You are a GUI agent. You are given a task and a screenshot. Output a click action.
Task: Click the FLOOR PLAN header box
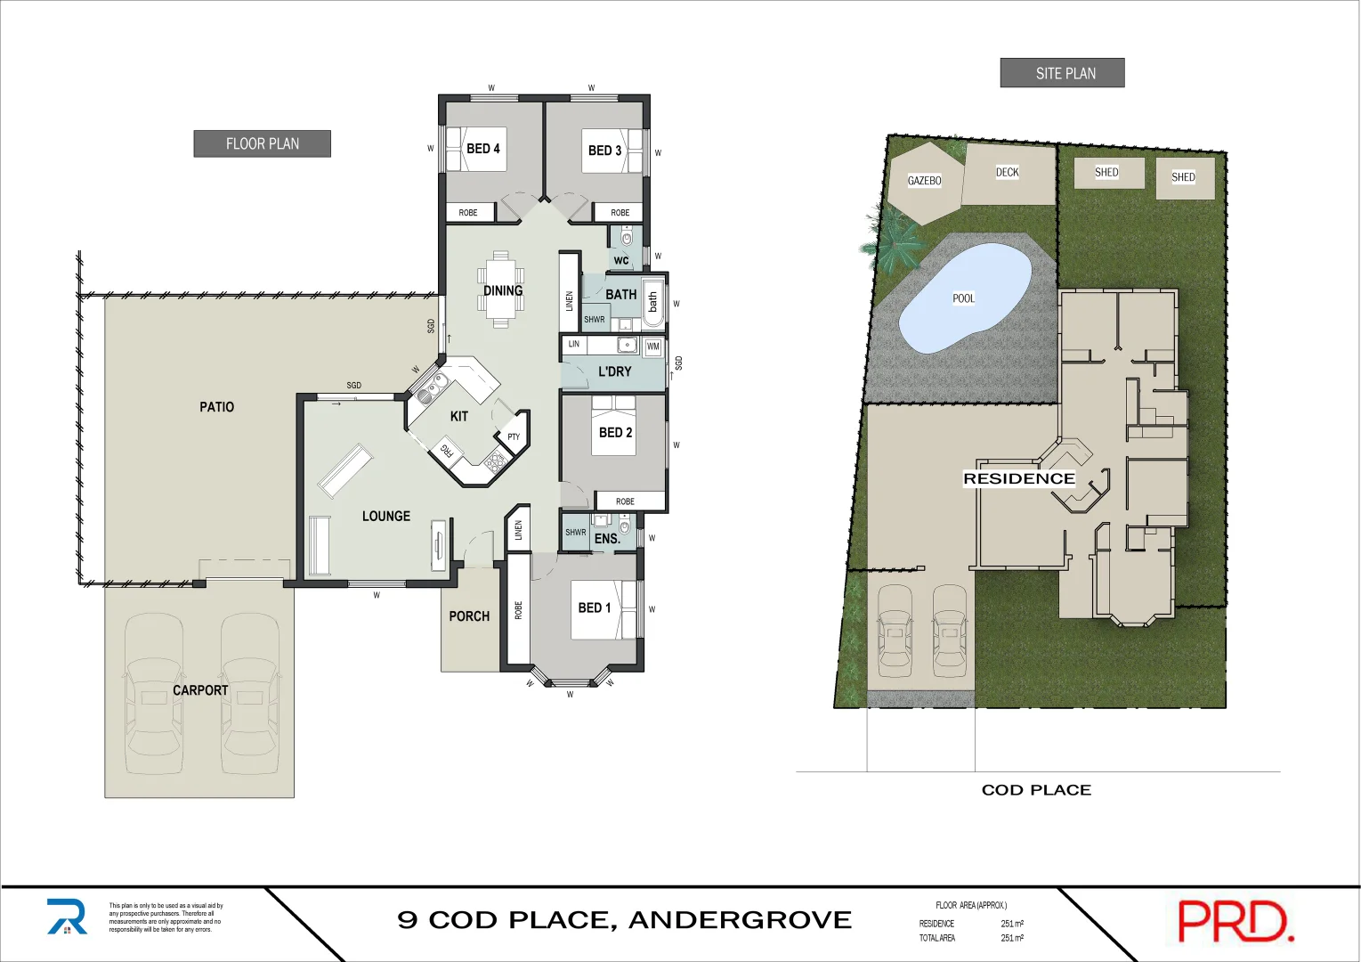pos(262,143)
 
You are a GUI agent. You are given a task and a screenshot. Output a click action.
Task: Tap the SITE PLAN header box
pos(1062,73)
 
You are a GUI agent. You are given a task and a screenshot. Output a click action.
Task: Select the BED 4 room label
pos(482,149)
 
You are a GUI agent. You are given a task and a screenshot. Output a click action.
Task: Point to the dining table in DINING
pos(501,290)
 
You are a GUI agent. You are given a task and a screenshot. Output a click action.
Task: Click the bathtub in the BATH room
pos(652,302)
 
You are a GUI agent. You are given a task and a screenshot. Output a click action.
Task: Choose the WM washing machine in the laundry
pos(652,346)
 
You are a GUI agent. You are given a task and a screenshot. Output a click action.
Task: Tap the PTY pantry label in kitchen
pos(514,436)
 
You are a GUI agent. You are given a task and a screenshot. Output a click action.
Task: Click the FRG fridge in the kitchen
pos(447,451)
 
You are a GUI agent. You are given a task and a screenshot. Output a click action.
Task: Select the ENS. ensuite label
pos(607,539)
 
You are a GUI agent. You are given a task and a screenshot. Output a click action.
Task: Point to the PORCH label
pos(469,616)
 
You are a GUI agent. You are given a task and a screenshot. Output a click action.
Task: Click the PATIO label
pos(216,407)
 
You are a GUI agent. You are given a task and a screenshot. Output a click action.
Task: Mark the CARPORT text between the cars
pos(200,690)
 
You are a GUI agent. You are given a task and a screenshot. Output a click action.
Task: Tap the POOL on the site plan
pos(964,298)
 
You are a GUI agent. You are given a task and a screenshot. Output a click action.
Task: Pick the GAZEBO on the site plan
pos(925,181)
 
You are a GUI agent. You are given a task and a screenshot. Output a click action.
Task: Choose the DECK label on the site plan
pos(1007,173)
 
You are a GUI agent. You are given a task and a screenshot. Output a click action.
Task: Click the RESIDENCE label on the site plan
pos(1018,479)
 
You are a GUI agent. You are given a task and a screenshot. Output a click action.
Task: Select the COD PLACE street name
pos(1036,790)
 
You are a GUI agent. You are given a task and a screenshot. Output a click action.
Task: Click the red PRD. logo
pos(1235,922)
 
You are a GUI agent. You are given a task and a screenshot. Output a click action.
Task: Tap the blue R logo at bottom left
pos(68,917)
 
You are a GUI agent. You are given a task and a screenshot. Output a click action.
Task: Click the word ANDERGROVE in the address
pos(740,920)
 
